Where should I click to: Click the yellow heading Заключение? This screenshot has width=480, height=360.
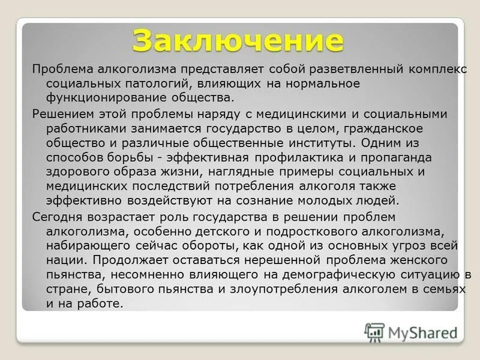238,40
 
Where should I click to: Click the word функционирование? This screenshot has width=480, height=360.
98,98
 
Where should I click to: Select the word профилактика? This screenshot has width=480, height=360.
313,157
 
